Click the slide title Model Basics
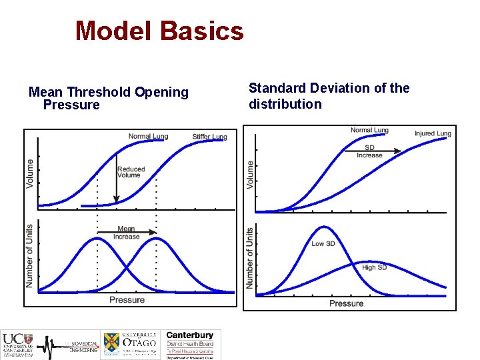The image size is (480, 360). coord(159,31)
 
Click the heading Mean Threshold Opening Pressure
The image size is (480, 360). coord(108,98)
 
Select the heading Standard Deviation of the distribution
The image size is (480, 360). coord(329,96)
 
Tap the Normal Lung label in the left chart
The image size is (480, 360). coord(148,137)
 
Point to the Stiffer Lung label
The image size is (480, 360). coord(209,137)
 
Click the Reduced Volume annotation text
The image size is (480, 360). coord(131,172)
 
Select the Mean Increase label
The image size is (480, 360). coord(126,233)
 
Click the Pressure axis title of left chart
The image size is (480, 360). coord(127,299)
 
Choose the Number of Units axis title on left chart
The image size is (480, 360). coord(29,256)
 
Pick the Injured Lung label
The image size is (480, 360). coord(433,133)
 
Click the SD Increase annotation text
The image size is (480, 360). coord(369,151)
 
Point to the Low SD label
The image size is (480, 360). coord(323,243)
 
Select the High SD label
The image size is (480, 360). coord(374,267)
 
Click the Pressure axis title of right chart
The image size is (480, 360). coord(346,303)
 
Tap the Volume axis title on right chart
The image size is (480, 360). coord(250,174)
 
